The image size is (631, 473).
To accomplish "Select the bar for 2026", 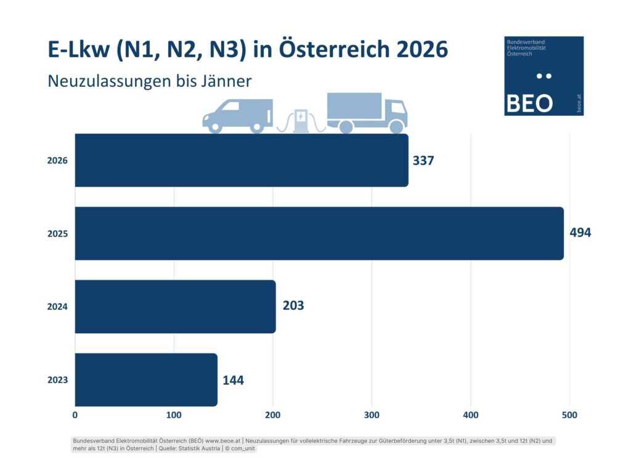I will pos(241,160).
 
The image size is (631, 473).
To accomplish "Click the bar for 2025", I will pos(319,233).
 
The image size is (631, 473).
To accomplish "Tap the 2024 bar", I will pos(175,306).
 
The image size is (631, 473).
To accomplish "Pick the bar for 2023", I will pos(146,379).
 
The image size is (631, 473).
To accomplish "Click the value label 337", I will pos(423,161).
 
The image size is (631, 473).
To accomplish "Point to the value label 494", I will pos(580,233).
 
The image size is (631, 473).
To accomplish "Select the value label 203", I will pos(293,306).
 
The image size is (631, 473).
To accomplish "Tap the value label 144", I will pos(233,380).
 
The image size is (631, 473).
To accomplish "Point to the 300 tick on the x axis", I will pos(372,415).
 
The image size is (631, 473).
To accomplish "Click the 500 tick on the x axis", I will pos(569,415).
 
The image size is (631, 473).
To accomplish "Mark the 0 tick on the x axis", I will pos(75,415).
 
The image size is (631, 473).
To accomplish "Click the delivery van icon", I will pos(237,115).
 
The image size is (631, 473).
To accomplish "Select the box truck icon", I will pos(367,113).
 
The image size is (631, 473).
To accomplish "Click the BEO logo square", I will pos(543,75).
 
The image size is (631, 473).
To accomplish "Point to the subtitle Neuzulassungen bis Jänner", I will pos(149,81).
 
